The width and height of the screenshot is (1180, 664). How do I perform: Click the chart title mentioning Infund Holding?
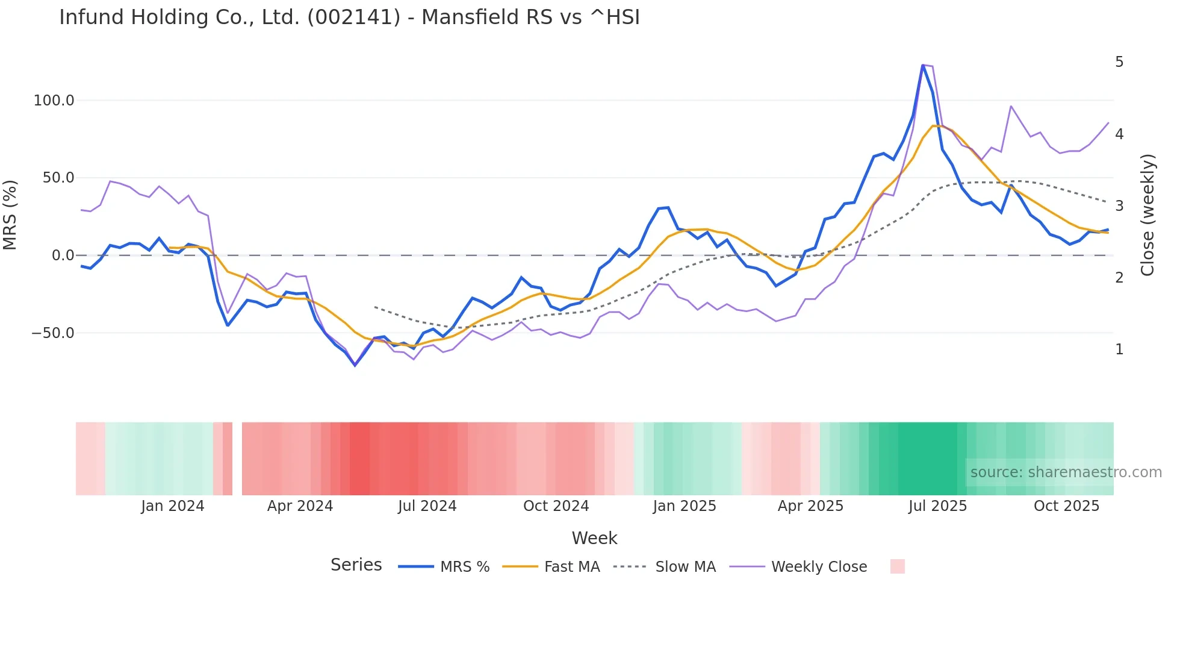349,17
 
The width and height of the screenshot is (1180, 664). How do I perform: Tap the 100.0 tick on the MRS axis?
54,101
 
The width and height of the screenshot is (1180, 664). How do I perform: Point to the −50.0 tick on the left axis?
52,333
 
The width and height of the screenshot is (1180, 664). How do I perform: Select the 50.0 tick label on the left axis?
58,178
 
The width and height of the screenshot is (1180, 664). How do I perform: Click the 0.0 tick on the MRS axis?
63,255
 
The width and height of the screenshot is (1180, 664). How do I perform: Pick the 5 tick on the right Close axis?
1119,62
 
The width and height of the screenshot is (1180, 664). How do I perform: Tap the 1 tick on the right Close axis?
1119,349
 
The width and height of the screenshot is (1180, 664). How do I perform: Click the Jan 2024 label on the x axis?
173,506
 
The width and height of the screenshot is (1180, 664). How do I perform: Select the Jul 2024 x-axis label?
427,506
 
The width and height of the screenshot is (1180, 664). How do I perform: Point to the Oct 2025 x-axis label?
1066,506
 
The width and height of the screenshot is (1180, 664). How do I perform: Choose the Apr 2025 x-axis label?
810,506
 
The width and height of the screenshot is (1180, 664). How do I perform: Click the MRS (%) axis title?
10,215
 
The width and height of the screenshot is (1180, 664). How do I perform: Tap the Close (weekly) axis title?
1148,215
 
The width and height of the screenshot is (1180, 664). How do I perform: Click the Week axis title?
594,538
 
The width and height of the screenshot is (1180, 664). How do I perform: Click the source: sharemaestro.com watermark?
1066,472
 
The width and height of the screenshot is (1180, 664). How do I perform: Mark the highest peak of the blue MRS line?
923,65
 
